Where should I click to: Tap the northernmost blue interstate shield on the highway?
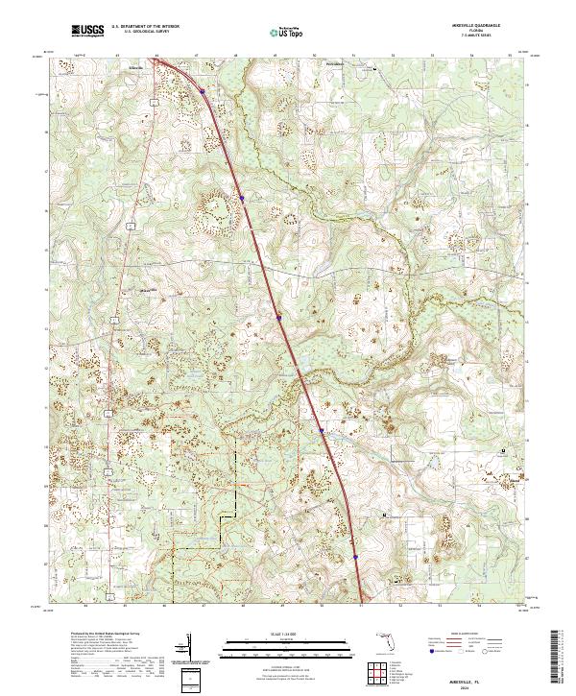(x=204, y=92)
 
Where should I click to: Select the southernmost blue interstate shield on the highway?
(x=355, y=555)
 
